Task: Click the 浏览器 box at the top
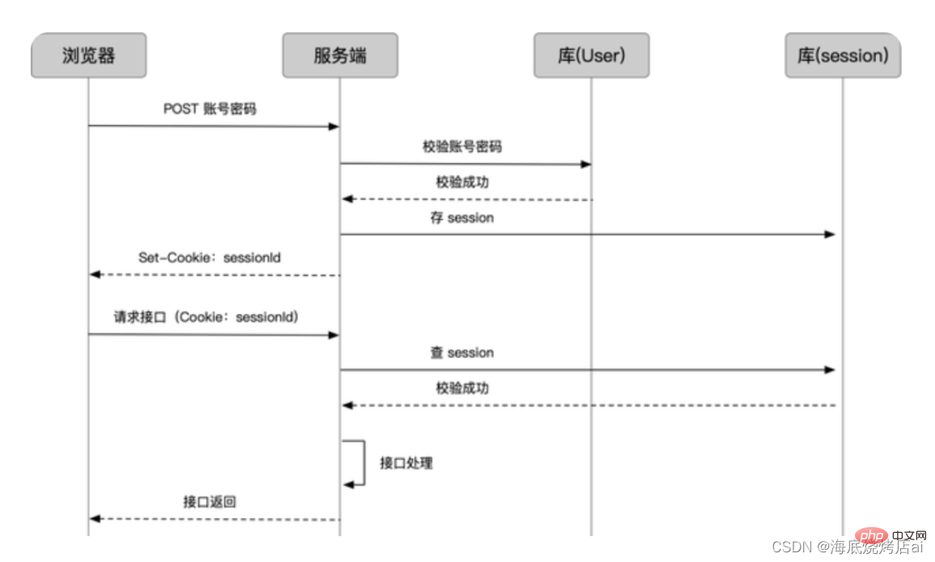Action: coord(89,56)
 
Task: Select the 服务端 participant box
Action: coord(339,56)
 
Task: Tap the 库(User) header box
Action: coord(591,56)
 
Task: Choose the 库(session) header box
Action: coord(842,56)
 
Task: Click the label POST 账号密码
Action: coord(209,109)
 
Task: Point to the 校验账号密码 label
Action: coord(462,146)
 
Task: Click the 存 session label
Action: coord(462,218)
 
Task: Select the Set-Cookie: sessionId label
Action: coord(209,258)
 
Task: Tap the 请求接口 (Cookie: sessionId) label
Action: coord(207,318)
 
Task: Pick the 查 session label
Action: coord(462,353)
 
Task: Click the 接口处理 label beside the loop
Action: coord(406,463)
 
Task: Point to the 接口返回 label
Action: coord(209,502)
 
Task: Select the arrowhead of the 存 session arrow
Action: coord(829,235)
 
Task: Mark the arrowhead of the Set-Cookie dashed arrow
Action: coord(95,275)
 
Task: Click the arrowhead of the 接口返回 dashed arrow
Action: coord(95,518)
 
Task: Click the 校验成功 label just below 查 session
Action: coord(462,388)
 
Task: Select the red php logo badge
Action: coord(871,535)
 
